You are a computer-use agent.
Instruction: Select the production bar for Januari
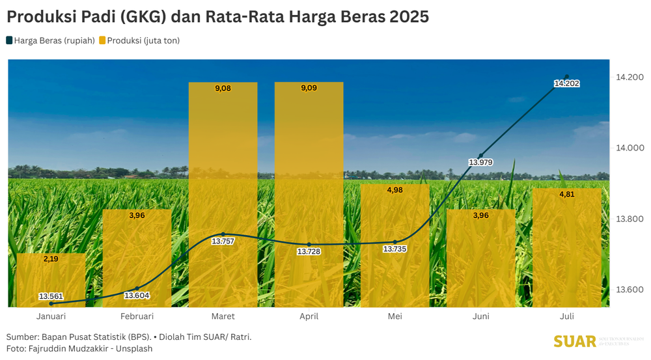pos(51,280)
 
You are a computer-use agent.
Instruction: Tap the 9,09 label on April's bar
pos(309,88)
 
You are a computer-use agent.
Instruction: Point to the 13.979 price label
pos(480,162)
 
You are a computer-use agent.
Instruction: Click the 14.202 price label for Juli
pos(566,83)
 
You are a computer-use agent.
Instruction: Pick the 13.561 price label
pos(51,296)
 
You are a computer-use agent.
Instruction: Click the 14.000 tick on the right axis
pos(630,148)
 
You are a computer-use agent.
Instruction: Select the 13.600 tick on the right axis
pos(630,289)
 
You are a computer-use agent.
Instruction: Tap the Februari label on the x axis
pos(137,316)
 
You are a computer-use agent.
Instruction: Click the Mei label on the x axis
pos(395,316)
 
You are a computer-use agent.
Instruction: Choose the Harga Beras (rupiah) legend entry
pos(51,40)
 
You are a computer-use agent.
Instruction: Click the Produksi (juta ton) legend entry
pos(139,40)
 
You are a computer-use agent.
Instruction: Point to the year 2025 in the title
pos(409,17)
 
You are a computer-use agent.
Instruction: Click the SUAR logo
pos(575,342)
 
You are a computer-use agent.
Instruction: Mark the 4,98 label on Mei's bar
pos(395,190)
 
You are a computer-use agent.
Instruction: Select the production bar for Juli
pos(566,247)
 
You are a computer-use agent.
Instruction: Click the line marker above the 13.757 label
pos(223,234)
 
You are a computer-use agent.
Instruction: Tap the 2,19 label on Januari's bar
pos(51,258)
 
